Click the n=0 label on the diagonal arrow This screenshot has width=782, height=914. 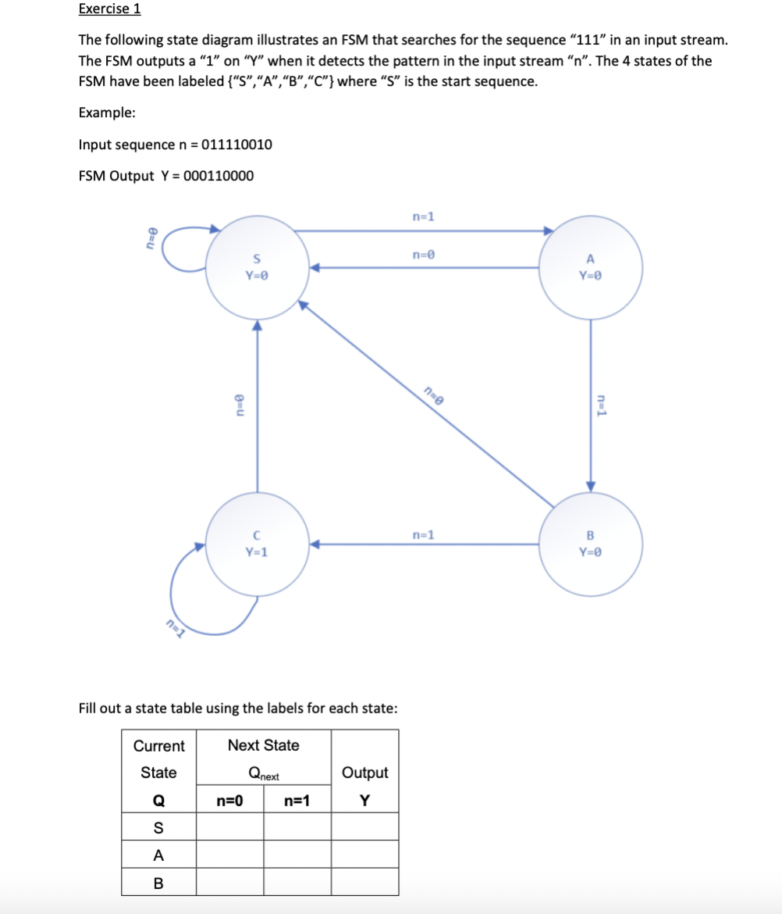click(x=433, y=395)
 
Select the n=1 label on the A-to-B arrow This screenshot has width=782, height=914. click(x=602, y=405)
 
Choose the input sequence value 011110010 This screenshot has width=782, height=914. click(x=236, y=145)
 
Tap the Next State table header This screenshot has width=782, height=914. click(x=263, y=745)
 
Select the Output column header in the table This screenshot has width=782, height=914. click(x=364, y=773)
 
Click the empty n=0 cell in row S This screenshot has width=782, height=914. click(x=229, y=827)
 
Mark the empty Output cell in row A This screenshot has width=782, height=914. click(x=364, y=855)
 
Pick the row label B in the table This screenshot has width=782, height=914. click(x=158, y=883)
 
